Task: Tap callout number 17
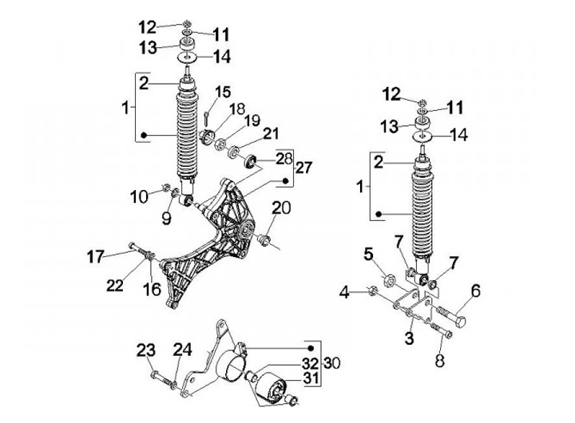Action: tap(97, 256)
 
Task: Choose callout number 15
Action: tap(222, 91)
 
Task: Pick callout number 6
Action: tap(474, 293)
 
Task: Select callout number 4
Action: tap(344, 293)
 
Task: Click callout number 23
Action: tap(145, 350)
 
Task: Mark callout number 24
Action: tap(183, 350)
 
